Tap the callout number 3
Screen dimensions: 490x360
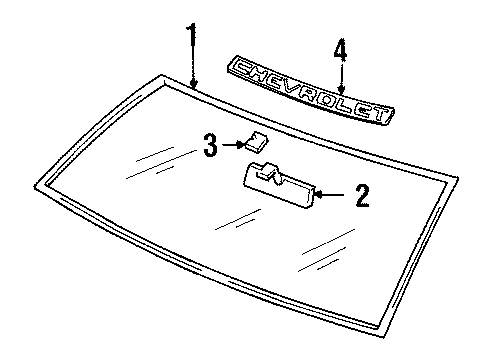coord(209,146)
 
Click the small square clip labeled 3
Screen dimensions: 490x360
coord(256,143)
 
